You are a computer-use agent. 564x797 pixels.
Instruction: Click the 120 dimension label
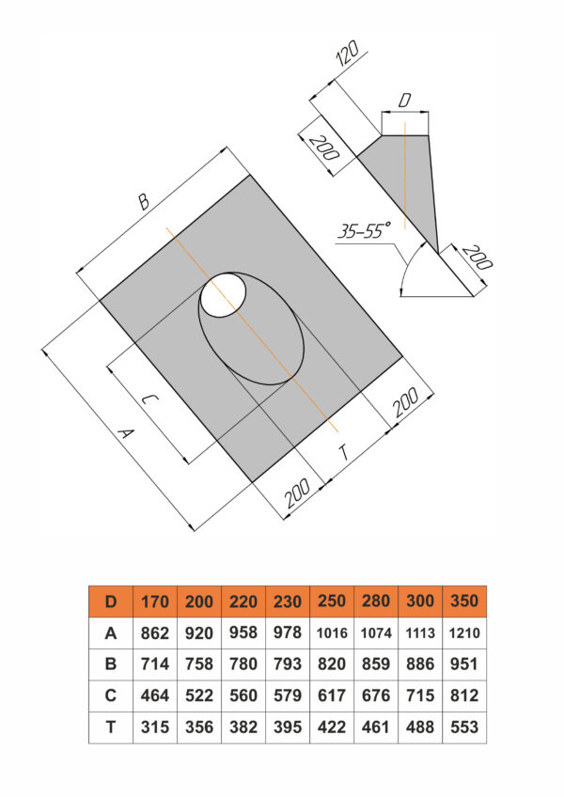348,54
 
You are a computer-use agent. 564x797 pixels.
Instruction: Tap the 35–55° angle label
364,230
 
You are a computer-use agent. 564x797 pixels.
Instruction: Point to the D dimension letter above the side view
404,101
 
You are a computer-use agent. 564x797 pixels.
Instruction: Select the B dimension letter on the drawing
144,201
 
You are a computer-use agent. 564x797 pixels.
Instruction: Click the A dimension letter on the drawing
125,433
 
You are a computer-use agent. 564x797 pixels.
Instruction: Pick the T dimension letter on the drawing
344,451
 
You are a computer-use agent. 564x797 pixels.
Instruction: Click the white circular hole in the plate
224,294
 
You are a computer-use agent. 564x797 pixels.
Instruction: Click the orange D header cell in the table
111,602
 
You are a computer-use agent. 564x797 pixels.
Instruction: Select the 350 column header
464,602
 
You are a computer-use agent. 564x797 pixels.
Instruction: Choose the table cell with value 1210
464,633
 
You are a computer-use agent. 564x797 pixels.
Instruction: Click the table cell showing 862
154,633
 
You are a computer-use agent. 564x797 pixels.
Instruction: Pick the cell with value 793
288,664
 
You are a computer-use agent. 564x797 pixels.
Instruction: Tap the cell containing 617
332,695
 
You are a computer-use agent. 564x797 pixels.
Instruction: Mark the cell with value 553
464,727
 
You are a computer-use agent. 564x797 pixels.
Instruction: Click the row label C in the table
111,695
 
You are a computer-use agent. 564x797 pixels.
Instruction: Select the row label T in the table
111,727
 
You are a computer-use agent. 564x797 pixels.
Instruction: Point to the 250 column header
332,602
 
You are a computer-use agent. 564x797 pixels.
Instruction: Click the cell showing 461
376,727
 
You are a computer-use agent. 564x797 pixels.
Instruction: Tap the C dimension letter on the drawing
149,400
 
